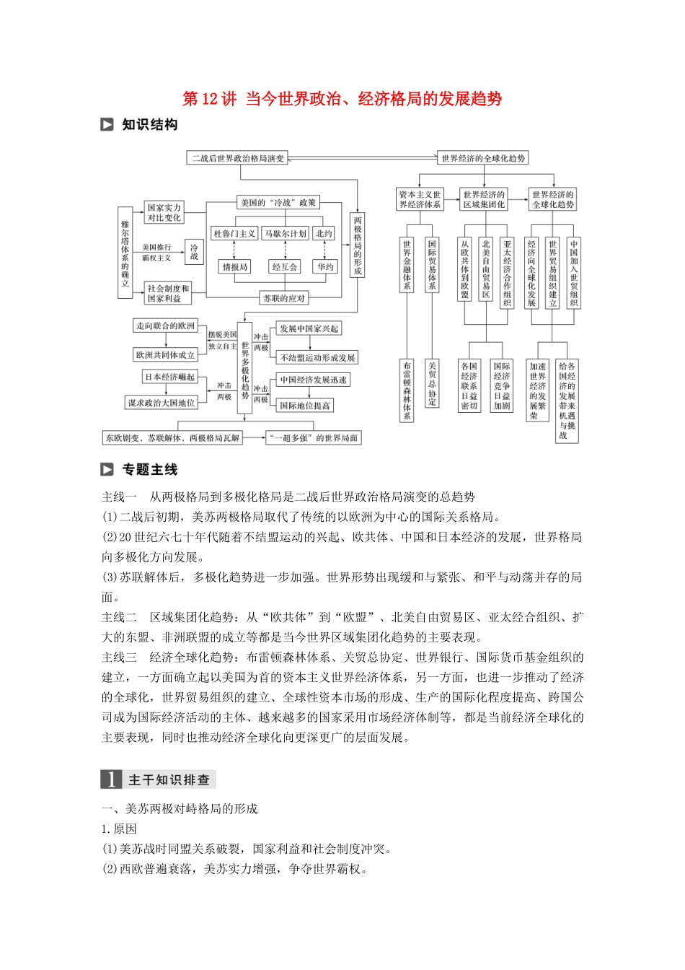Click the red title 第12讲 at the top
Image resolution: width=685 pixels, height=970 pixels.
pyautogui.click(x=209, y=99)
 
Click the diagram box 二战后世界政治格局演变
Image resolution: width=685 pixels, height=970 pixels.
pyautogui.click(x=238, y=158)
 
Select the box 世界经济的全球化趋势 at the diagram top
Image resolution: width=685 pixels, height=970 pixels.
pyautogui.click(x=483, y=158)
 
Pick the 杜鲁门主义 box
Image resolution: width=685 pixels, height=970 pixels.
pyautogui.click(x=234, y=234)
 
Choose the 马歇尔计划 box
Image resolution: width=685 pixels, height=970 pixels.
pyautogui.click(x=285, y=234)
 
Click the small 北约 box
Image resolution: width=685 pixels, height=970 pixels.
pyautogui.click(x=324, y=234)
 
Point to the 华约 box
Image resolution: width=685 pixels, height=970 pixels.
pyautogui.click(x=325, y=267)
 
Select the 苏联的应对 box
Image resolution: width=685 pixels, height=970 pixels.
pyautogui.click(x=284, y=298)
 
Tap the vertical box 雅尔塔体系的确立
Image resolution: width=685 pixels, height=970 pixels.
pyautogui.click(x=125, y=253)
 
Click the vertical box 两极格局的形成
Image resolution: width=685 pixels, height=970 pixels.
pyautogui.click(x=357, y=245)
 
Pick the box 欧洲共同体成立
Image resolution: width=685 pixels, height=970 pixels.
pyautogui.click(x=165, y=355)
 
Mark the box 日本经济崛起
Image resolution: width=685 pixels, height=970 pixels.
pyautogui.click(x=170, y=377)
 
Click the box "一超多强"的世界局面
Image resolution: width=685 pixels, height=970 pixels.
pyautogui.click(x=313, y=437)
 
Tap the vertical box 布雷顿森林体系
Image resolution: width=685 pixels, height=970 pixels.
pyautogui.click(x=407, y=390)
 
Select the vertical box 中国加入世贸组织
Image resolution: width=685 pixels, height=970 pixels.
pyautogui.click(x=574, y=274)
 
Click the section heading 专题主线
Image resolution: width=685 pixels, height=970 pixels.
pyautogui.click(x=150, y=470)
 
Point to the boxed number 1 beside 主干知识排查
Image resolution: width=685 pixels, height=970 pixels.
pyautogui.click(x=111, y=779)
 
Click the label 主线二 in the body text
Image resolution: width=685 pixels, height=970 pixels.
pyautogui.click(x=119, y=617)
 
